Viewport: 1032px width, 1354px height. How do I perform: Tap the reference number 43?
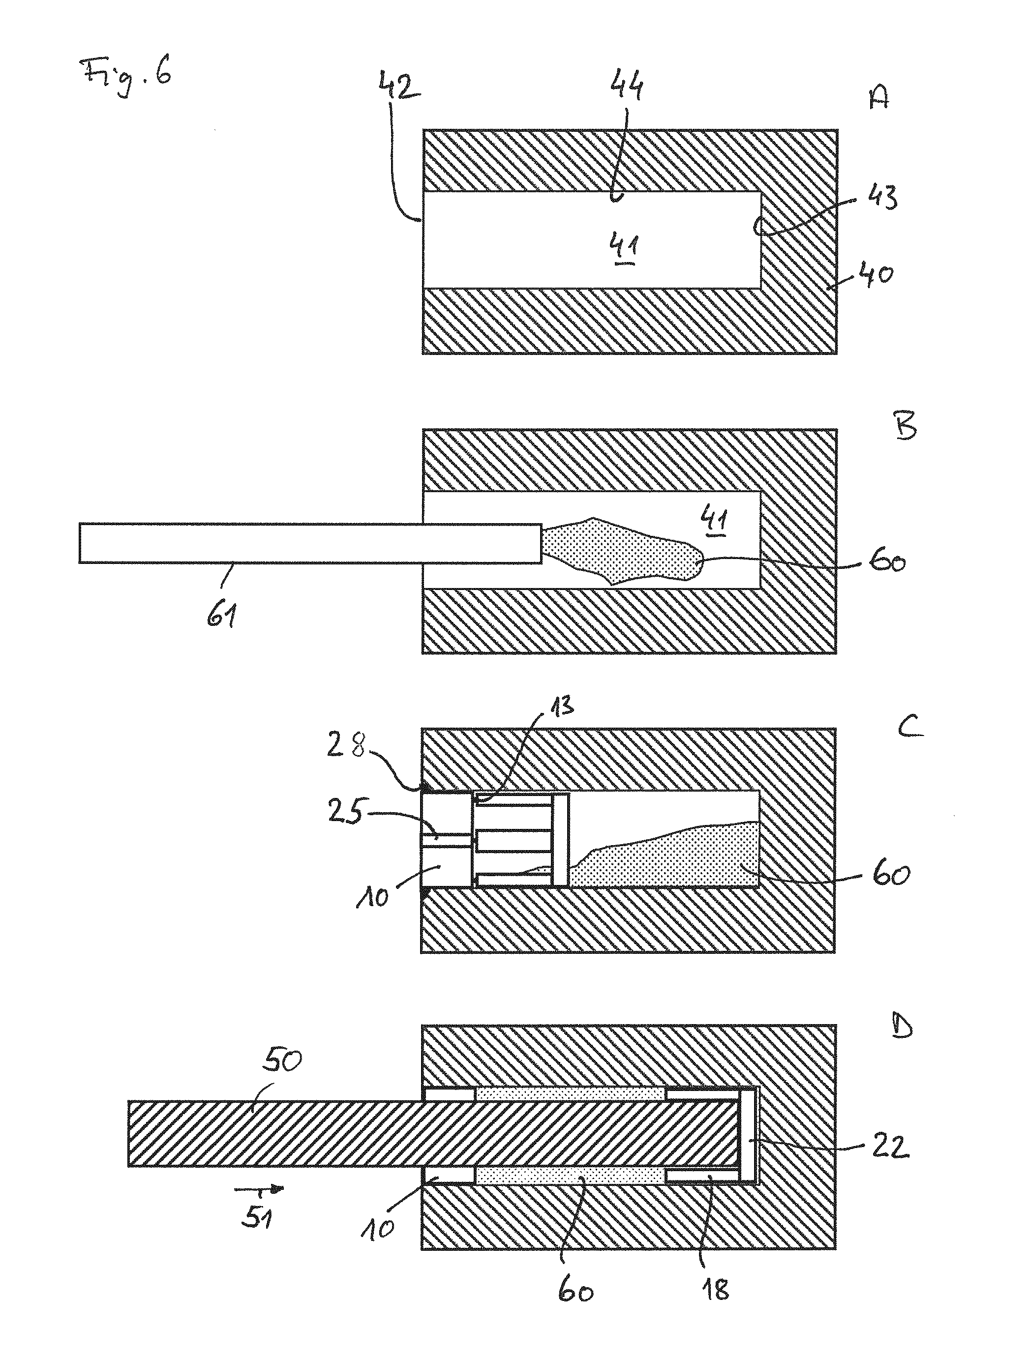(881, 198)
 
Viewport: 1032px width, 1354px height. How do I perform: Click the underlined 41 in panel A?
(624, 249)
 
